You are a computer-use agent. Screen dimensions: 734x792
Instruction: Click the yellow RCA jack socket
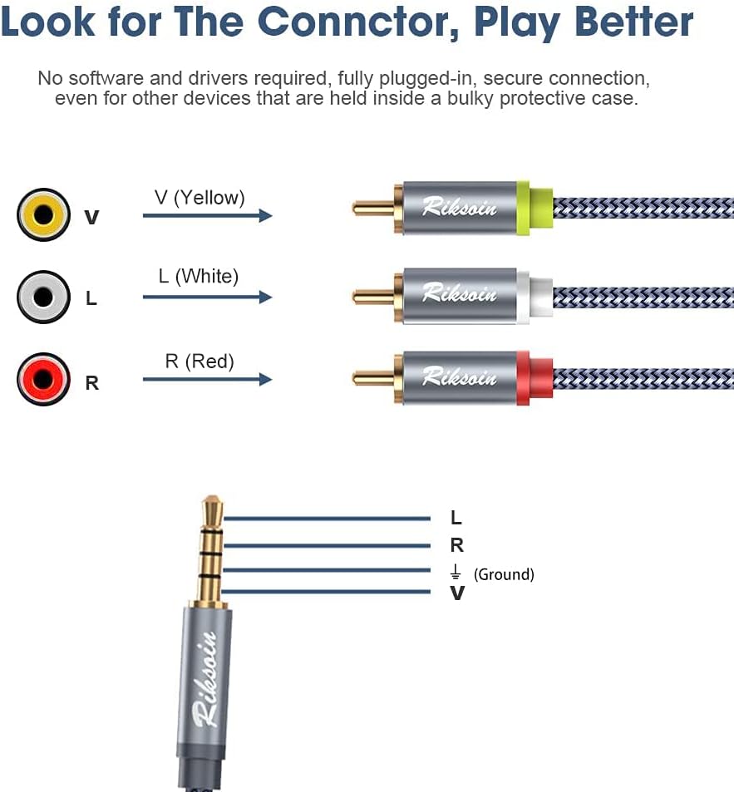pos(43,214)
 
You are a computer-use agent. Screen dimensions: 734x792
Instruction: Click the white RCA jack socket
pos(43,297)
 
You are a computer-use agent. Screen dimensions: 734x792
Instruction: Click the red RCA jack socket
pos(43,379)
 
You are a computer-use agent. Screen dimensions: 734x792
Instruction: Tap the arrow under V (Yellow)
pos(207,216)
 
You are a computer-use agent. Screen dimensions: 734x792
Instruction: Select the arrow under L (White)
pos(207,297)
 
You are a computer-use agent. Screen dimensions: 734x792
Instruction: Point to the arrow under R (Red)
pos(207,379)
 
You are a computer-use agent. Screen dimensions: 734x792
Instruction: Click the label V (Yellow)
pos(200,198)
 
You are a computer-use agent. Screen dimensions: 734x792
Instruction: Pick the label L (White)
pos(199,276)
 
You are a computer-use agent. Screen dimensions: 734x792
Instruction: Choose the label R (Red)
pos(200,362)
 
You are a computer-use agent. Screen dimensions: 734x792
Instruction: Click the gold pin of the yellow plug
pos(373,208)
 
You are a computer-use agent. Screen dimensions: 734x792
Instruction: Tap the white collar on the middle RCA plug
pos(534,297)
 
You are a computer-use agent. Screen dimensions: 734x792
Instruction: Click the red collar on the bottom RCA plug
pos(534,378)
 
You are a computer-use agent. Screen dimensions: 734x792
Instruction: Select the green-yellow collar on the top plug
pos(534,208)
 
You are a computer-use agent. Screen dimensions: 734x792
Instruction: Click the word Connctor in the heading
pos(358,22)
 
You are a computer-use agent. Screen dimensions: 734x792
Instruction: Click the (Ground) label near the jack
pos(504,574)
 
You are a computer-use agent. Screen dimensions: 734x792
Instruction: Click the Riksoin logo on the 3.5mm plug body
pos(206,679)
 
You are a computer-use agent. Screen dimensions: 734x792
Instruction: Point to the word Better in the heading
pos(634,22)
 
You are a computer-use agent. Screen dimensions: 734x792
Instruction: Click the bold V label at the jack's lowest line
pos(457,593)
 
